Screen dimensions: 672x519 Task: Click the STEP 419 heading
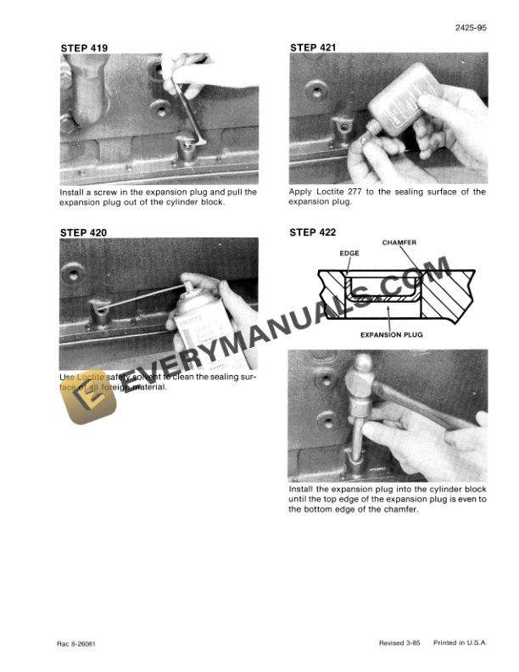click(x=84, y=48)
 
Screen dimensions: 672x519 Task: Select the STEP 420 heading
click(x=84, y=231)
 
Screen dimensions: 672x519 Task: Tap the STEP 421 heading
click(x=313, y=48)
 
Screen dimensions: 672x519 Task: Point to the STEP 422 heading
click(x=313, y=232)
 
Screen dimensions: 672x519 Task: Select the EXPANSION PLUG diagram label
click(x=391, y=334)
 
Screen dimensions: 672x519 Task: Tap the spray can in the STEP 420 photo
click(x=197, y=318)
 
